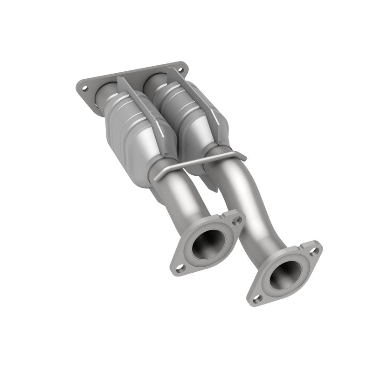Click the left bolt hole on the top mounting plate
(x=85, y=88)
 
